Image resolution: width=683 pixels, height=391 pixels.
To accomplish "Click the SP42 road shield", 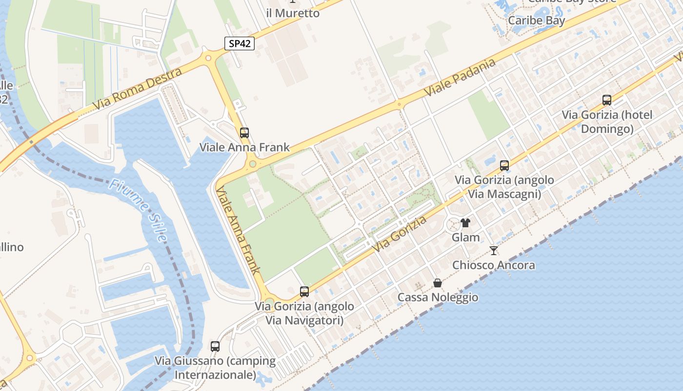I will pyautogui.click(x=240, y=43).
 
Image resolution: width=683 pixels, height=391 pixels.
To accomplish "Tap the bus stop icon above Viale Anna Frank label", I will pyautogui.click(x=244, y=132).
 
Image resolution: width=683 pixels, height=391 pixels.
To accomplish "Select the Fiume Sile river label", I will pyautogui.click(x=138, y=210).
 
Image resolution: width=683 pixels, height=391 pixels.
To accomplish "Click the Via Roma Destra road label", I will pyautogui.click(x=139, y=88).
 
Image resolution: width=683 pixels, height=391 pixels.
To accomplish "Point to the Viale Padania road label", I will pyautogui.click(x=460, y=77).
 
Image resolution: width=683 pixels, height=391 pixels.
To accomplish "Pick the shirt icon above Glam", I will pyautogui.click(x=465, y=223).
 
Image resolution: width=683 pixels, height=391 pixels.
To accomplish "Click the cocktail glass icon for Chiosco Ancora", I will pyautogui.click(x=494, y=251).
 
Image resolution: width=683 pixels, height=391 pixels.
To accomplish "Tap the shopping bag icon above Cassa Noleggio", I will pyautogui.click(x=438, y=283).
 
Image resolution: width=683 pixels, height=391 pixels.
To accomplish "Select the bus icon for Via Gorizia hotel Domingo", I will pyautogui.click(x=607, y=100).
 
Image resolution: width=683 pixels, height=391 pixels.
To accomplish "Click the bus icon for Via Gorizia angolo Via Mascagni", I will pyautogui.click(x=504, y=165).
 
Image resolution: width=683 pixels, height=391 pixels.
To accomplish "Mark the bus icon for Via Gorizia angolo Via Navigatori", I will pyautogui.click(x=304, y=292).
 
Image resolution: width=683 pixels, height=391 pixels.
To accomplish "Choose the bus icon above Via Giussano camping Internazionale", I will pyautogui.click(x=215, y=347).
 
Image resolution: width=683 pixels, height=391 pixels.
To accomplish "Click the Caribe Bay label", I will pyautogui.click(x=536, y=21).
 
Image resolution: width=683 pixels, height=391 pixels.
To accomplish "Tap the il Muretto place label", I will pyautogui.click(x=293, y=13).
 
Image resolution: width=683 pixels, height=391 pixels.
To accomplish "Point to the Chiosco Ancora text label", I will pyautogui.click(x=494, y=265).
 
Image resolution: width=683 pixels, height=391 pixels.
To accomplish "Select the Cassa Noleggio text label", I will pyautogui.click(x=438, y=297).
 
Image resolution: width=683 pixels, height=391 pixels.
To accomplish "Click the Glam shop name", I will pyautogui.click(x=465, y=238).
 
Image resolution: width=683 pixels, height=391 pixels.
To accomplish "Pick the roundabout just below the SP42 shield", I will pyautogui.click(x=209, y=58).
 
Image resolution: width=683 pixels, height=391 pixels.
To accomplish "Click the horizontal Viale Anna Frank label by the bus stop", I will pyautogui.click(x=244, y=147).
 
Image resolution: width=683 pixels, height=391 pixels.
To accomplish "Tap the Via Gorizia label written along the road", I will pyautogui.click(x=400, y=234).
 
